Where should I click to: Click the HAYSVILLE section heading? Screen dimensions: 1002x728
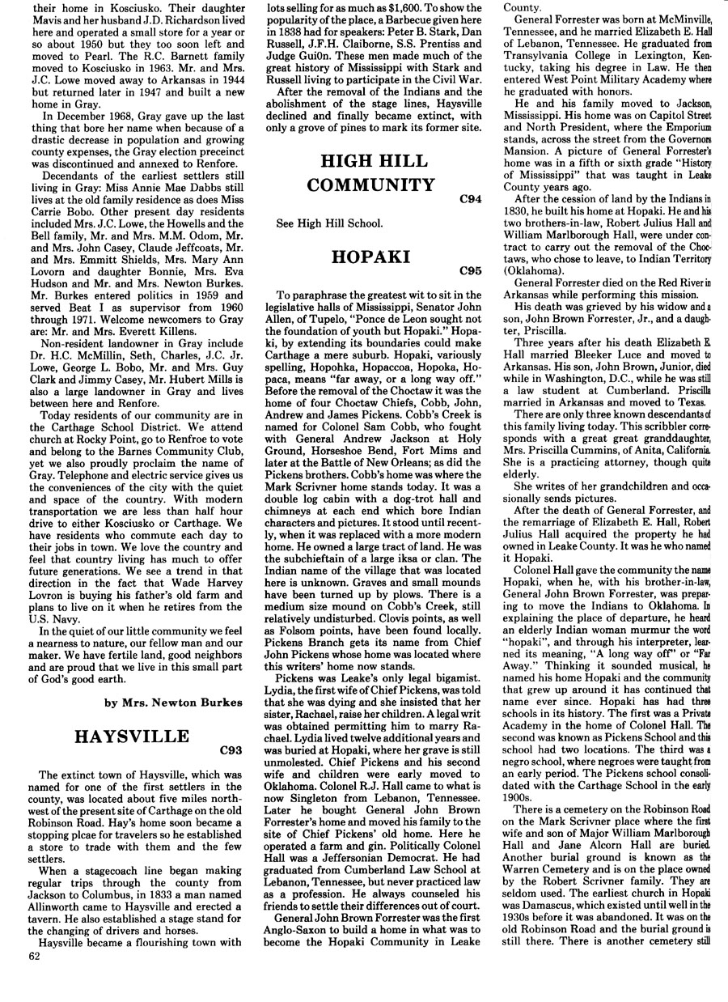click(x=131, y=737)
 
